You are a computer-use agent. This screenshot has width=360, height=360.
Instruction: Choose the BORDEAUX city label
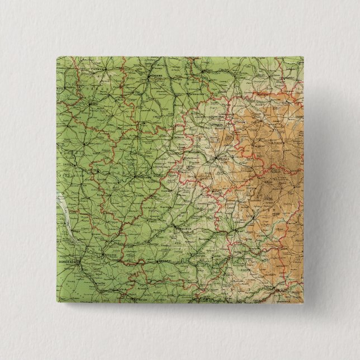tap(67, 260)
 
